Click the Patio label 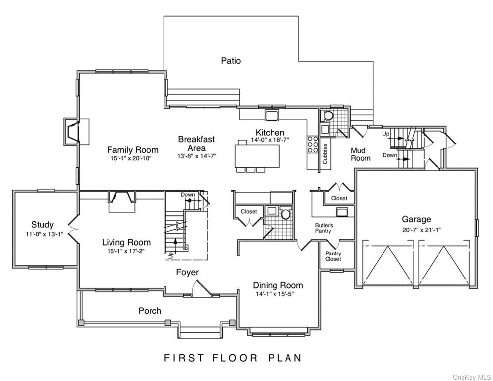pos(231,61)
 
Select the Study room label pos(42,225)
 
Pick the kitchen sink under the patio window pos(272,116)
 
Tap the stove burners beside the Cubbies pos(313,143)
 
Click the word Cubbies pos(325,153)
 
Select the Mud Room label pos(361,154)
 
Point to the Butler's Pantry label pos(324,228)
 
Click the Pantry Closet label pos(333,256)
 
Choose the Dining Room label pos(278,285)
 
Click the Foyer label pos(187,272)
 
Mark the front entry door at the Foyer pos(203,288)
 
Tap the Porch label pos(149,311)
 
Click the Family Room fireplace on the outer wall pos(72,131)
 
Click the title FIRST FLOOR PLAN pos(233,357)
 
